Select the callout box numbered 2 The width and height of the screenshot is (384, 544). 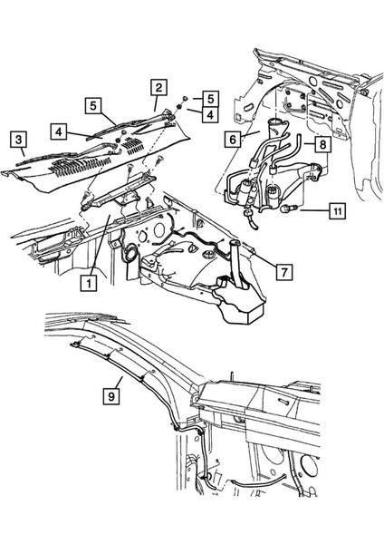pyautogui.click(x=158, y=87)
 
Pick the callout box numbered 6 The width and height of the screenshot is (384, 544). pyautogui.click(x=234, y=141)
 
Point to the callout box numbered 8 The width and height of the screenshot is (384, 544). pyautogui.click(x=322, y=143)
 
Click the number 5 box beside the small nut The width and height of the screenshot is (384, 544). pyautogui.click(x=208, y=97)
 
